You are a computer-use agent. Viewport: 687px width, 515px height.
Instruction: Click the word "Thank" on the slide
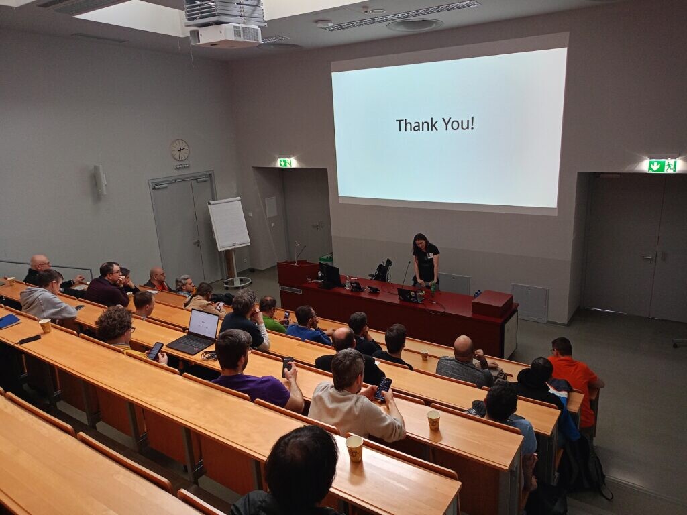[415, 125]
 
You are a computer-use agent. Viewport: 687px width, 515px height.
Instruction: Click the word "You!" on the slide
[457, 124]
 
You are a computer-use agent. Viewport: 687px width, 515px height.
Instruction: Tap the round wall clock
[180, 150]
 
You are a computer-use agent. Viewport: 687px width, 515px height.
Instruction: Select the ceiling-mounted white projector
[225, 35]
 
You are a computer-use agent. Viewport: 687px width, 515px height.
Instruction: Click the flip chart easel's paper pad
[229, 223]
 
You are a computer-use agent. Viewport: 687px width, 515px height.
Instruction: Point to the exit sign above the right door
[662, 166]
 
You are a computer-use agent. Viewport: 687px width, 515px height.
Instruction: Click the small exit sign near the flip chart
[284, 162]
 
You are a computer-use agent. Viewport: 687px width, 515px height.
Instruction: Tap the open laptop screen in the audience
[203, 324]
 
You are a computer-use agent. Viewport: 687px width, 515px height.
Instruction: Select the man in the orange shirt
[575, 381]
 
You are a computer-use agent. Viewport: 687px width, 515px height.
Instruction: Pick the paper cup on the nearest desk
[354, 449]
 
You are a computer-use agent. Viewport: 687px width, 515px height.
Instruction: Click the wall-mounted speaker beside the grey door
[99, 180]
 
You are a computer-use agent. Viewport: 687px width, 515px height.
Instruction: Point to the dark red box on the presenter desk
[492, 303]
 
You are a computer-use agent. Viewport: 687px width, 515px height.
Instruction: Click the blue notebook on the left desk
[9, 321]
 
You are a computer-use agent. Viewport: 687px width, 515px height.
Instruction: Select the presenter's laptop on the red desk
[410, 295]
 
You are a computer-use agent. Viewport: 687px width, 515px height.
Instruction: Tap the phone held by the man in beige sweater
[383, 389]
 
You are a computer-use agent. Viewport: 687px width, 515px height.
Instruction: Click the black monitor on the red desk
[330, 276]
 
